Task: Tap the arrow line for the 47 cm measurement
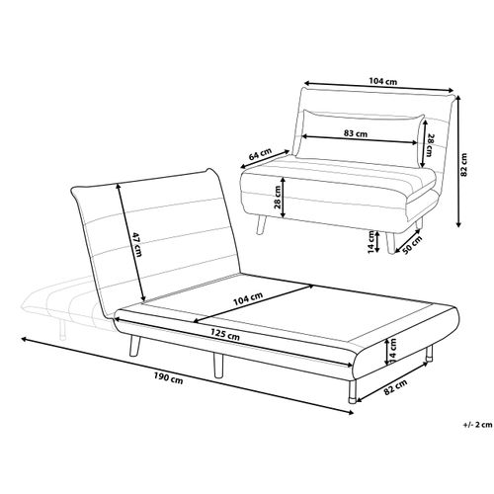(x=130, y=242)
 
